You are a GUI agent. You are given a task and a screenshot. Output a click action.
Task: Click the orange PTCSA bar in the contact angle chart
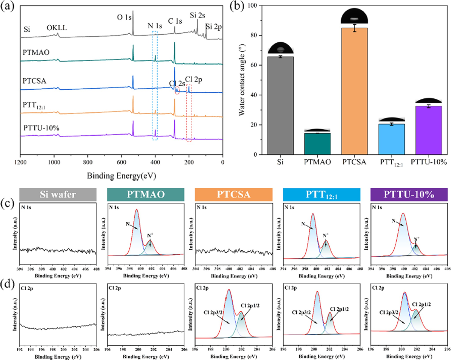[354, 91]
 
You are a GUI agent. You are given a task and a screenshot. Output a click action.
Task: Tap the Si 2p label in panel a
[216, 26]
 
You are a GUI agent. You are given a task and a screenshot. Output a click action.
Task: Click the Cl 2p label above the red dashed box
[195, 79]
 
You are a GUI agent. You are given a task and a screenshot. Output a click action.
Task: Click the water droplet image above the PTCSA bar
[354, 15]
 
